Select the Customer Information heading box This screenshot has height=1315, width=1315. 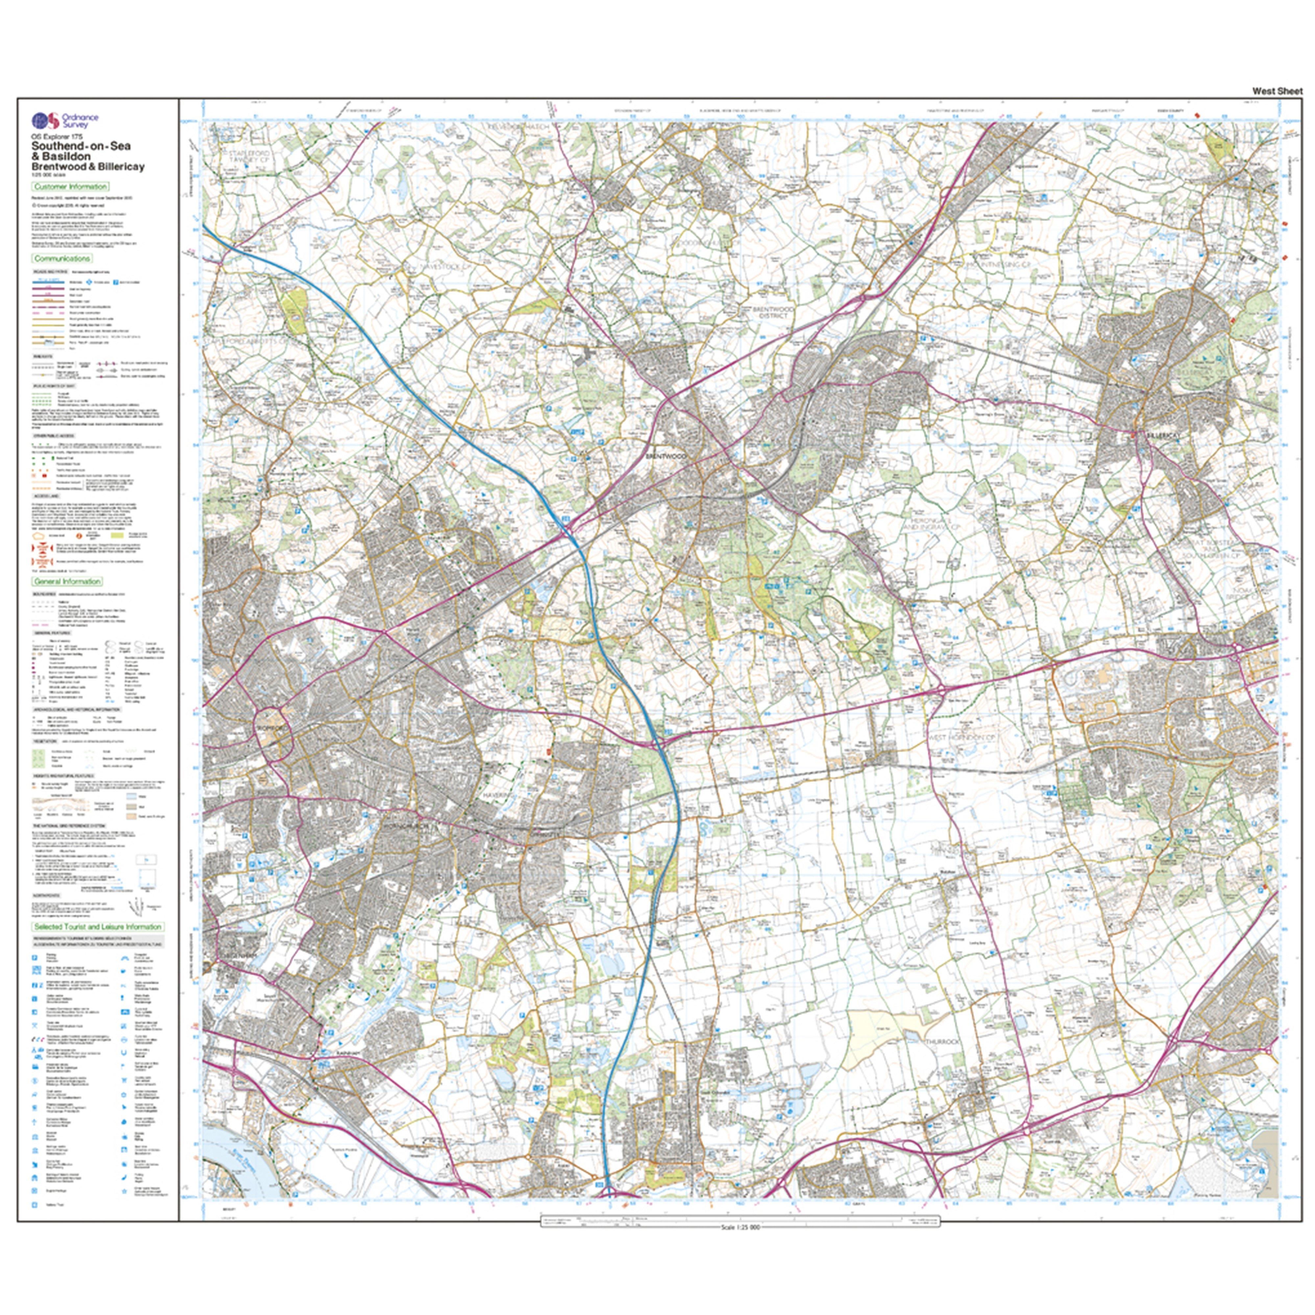tap(70, 186)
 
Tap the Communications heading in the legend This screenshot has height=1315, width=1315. tap(62, 259)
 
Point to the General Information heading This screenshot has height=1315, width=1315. tap(67, 581)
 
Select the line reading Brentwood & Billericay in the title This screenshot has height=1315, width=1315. tap(87, 167)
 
